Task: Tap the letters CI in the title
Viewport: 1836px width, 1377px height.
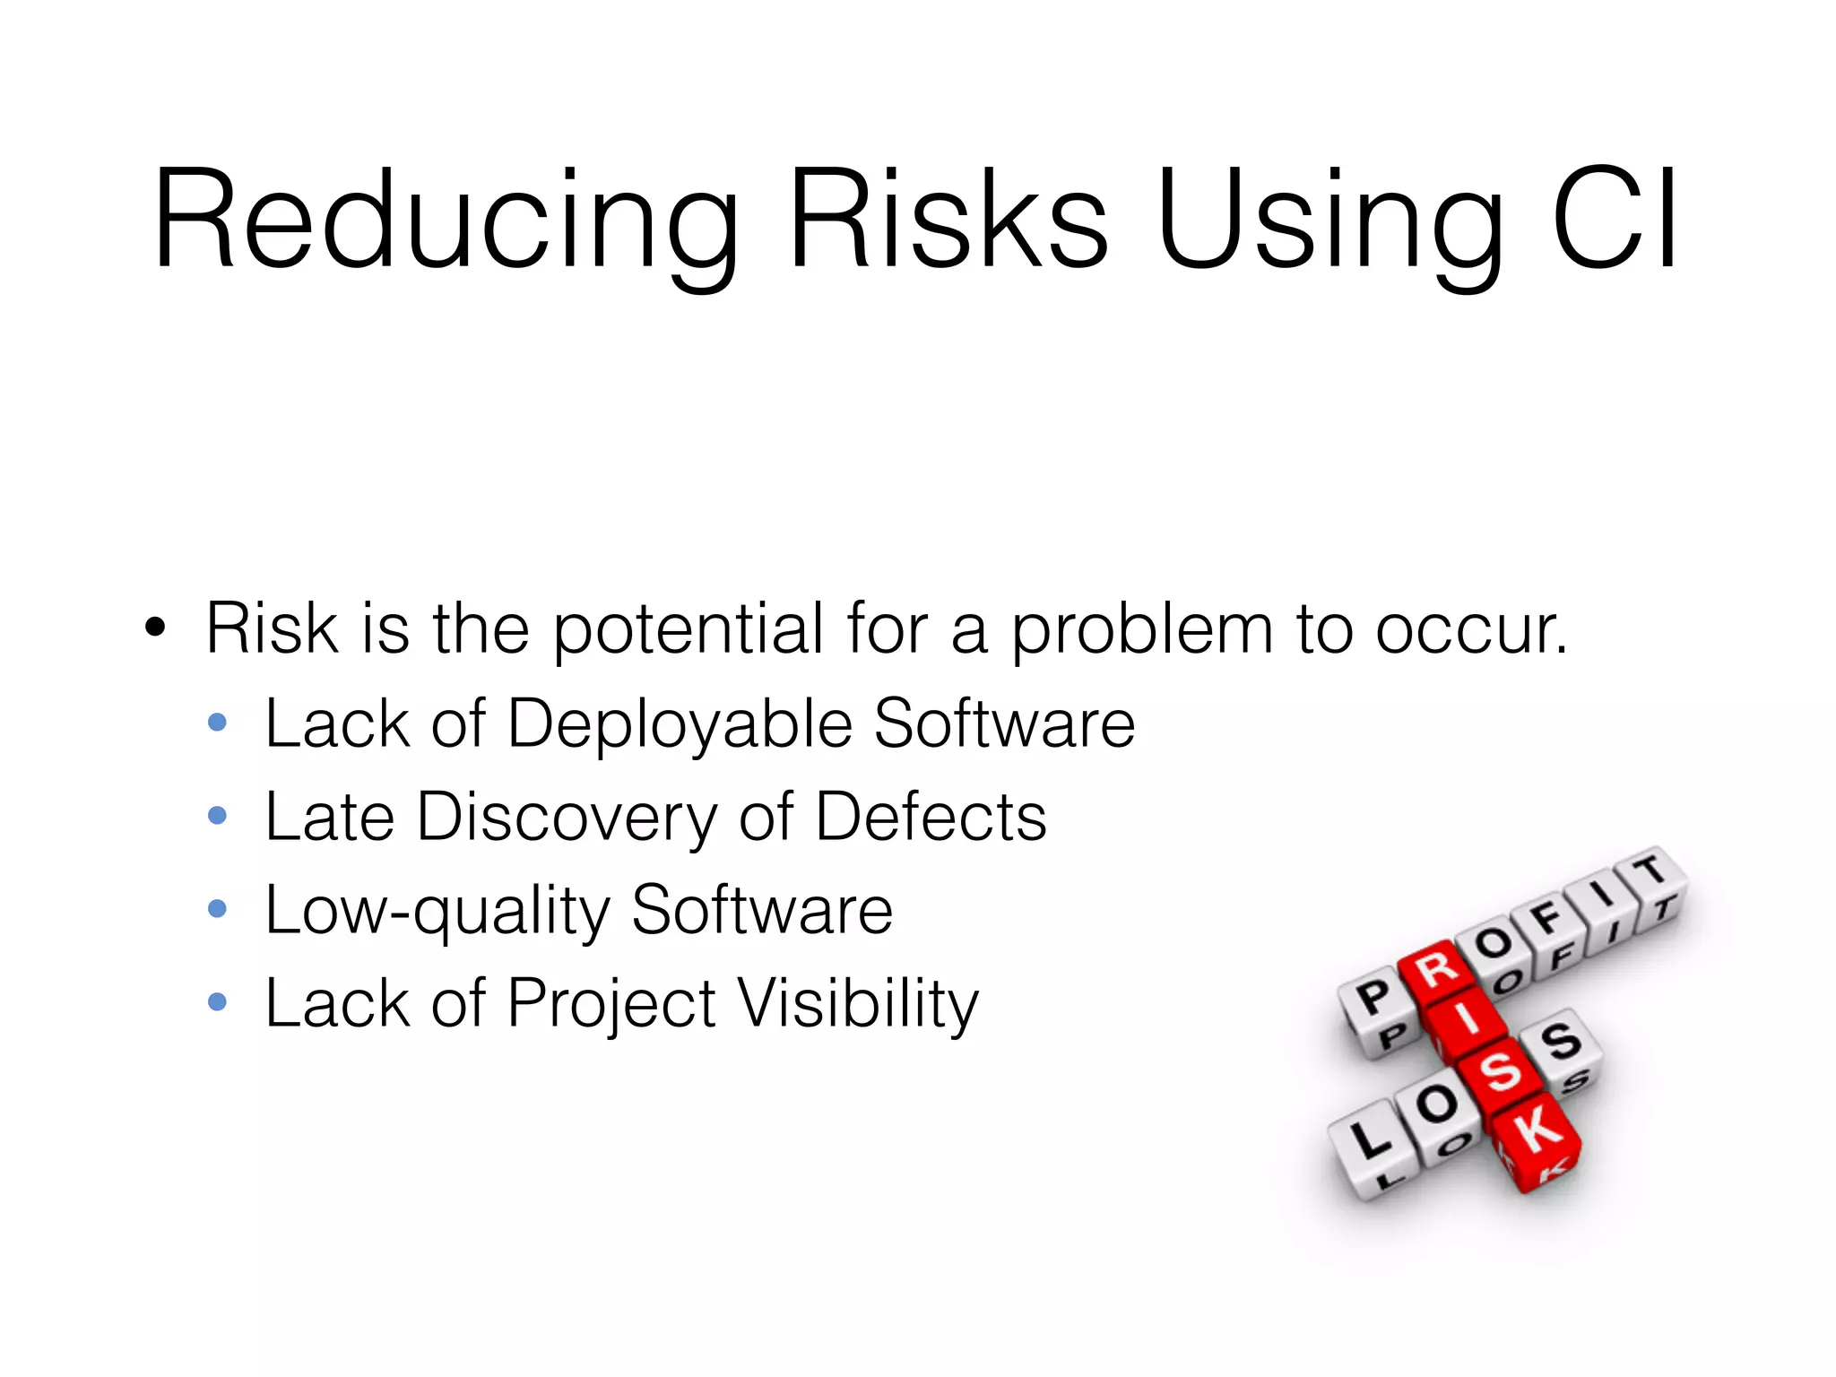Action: (x=1615, y=220)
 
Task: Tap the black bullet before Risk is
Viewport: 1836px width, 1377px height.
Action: (x=155, y=628)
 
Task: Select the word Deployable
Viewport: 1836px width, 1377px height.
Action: (x=680, y=724)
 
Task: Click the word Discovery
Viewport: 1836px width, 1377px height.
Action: (x=567, y=818)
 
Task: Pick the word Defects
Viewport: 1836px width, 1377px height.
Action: (x=931, y=818)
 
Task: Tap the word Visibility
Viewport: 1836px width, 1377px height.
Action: (x=858, y=1004)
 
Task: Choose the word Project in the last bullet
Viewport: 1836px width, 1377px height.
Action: (x=611, y=1004)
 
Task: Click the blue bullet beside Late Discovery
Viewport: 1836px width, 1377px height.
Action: (x=217, y=815)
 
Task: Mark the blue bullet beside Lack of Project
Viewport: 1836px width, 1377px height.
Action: (x=217, y=1001)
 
